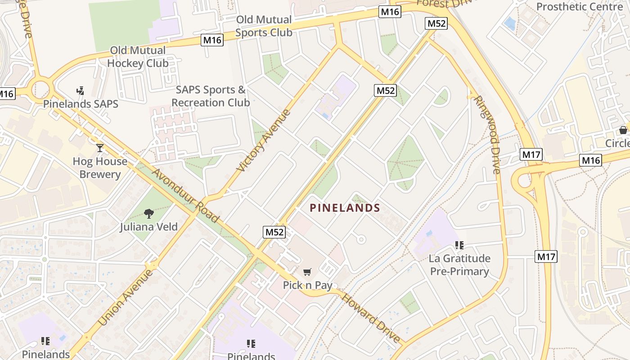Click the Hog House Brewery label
[x=100, y=168]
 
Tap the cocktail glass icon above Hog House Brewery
[x=100, y=148]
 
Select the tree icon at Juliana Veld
[x=148, y=213]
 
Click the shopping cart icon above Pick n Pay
[x=307, y=271]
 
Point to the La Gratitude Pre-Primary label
[x=459, y=265]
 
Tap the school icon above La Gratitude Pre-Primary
[x=459, y=245]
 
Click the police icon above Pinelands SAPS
[x=81, y=91]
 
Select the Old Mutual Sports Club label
[x=264, y=26]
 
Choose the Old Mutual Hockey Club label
[x=138, y=57]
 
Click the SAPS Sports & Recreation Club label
[x=211, y=96]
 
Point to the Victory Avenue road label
[x=264, y=140]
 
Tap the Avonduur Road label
[x=185, y=196]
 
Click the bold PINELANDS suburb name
[x=345, y=208]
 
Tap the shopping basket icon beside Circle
[x=623, y=130]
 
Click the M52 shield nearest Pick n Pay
[x=274, y=232]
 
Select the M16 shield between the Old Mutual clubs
[x=212, y=40]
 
